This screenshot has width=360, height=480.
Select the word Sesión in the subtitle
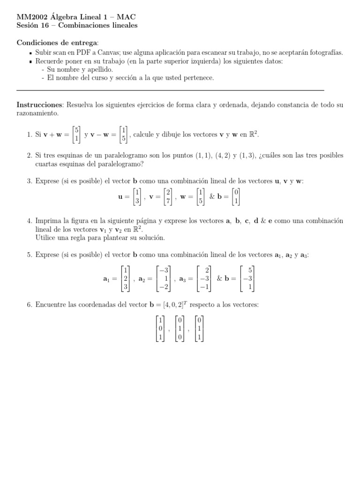(x=27, y=25)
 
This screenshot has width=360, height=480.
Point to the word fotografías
(x=326, y=53)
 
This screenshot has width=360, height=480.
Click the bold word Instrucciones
(x=39, y=105)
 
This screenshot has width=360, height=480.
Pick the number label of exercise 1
(x=29, y=135)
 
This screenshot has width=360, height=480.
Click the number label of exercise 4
(x=29, y=221)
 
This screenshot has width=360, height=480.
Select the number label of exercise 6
(x=29, y=305)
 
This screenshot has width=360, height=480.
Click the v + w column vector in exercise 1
(x=75, y=135)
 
